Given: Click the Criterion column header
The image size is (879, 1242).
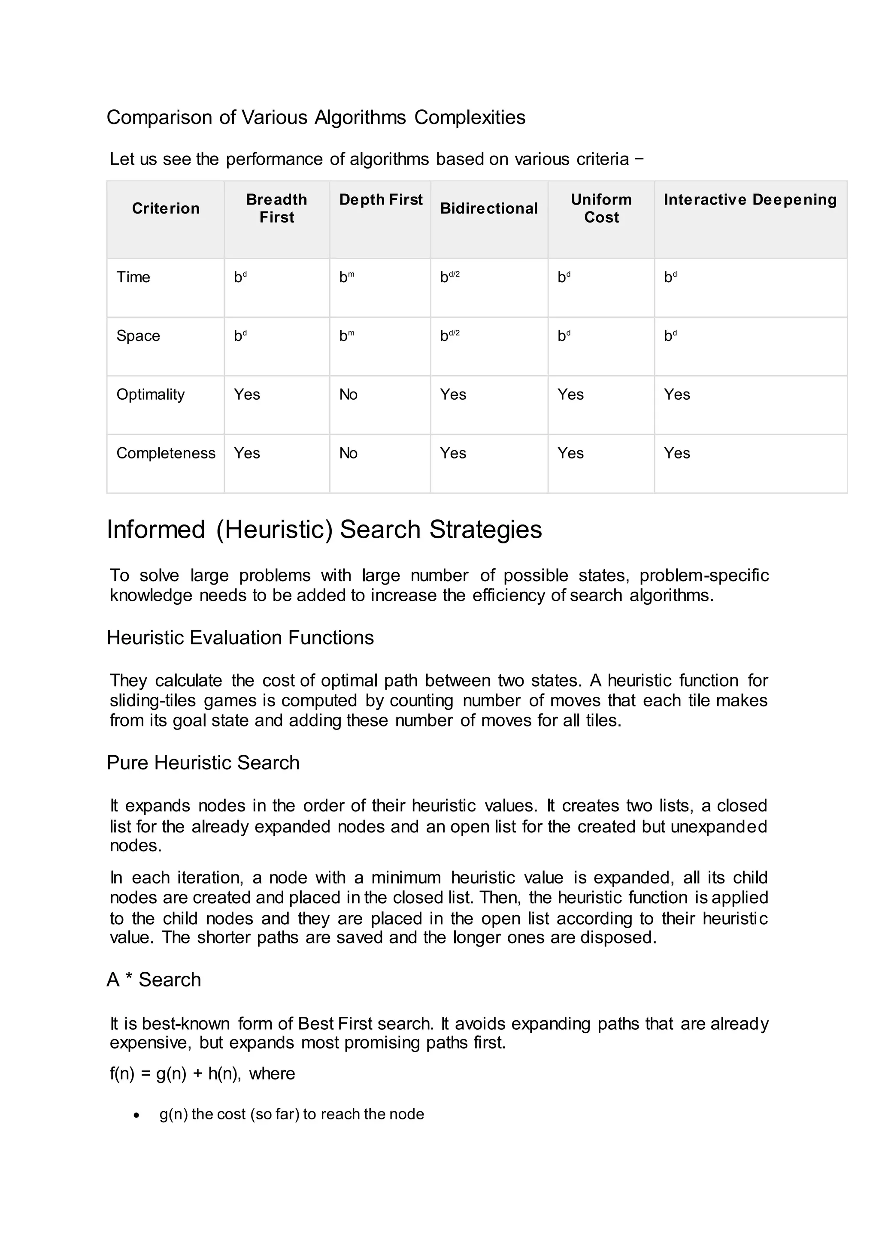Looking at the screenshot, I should point(166,208).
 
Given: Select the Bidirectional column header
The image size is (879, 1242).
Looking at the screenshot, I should point(489,208).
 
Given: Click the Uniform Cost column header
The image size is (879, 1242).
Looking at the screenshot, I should point(601,208).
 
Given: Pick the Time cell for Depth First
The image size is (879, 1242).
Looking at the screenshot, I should point(346,277).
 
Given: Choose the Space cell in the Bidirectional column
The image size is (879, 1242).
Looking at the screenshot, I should point(449,336).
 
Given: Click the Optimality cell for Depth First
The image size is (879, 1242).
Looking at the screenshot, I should point(348,395).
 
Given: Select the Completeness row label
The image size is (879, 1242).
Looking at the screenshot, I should point(166,453).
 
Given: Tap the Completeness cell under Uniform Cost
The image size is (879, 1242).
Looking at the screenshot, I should point(570,453).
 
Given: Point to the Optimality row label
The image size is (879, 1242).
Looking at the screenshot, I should point(151,395).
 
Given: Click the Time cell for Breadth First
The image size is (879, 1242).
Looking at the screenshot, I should point(240,277).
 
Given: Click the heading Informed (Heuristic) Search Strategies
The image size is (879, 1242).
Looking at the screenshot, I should point(324,530).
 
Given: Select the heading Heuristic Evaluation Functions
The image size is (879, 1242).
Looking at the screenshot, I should point(240,638).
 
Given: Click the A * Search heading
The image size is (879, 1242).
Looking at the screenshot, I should point(154,980).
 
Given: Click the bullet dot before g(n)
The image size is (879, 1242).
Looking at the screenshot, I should point(136,1115).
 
